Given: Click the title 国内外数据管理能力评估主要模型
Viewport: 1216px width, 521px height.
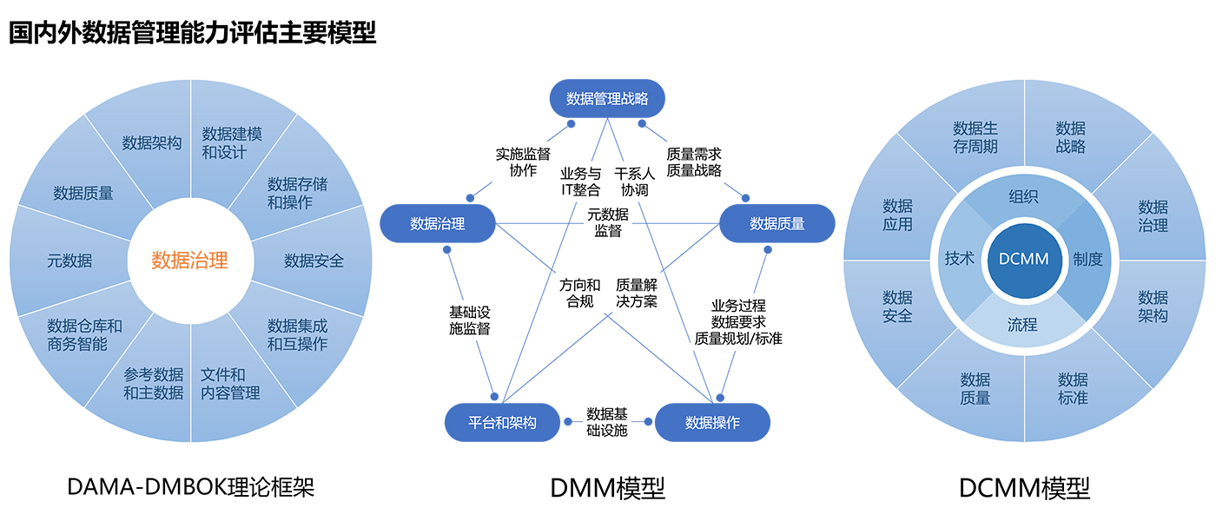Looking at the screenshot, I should (192, 32).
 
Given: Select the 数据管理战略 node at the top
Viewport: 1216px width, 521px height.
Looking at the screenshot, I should (607, 99).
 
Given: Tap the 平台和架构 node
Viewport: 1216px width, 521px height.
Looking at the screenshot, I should (502, 423).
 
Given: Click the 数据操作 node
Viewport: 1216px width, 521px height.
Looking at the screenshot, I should (712, 423).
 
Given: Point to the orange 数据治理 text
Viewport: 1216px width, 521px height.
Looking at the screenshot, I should (189, 260).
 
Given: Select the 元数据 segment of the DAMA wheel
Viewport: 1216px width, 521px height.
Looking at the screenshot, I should (69, 260).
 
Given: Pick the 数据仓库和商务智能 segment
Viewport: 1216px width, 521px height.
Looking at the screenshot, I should (84, 334).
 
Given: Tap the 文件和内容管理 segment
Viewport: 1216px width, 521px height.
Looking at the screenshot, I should (230, 384).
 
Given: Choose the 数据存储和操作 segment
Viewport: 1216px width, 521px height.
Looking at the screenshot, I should (297, 193).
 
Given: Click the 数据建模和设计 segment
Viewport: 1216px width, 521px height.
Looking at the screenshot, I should (232, 143).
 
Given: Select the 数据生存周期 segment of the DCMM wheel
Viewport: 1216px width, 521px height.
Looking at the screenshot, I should (975, 137).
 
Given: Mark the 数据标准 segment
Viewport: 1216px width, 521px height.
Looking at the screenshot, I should (1073, 388).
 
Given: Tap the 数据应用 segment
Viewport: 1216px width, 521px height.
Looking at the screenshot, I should (897, 214).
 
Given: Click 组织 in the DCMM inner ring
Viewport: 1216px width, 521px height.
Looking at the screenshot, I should (1023, 196).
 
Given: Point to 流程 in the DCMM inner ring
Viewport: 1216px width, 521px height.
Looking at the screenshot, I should (1022, 325).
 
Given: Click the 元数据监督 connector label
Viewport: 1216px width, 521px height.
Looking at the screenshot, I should (608, 222).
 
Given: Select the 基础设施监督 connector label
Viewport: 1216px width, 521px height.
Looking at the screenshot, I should (470, 320).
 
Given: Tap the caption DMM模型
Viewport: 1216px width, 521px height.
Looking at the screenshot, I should (607, 488).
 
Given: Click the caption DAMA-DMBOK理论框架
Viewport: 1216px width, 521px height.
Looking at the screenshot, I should (190, 487).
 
